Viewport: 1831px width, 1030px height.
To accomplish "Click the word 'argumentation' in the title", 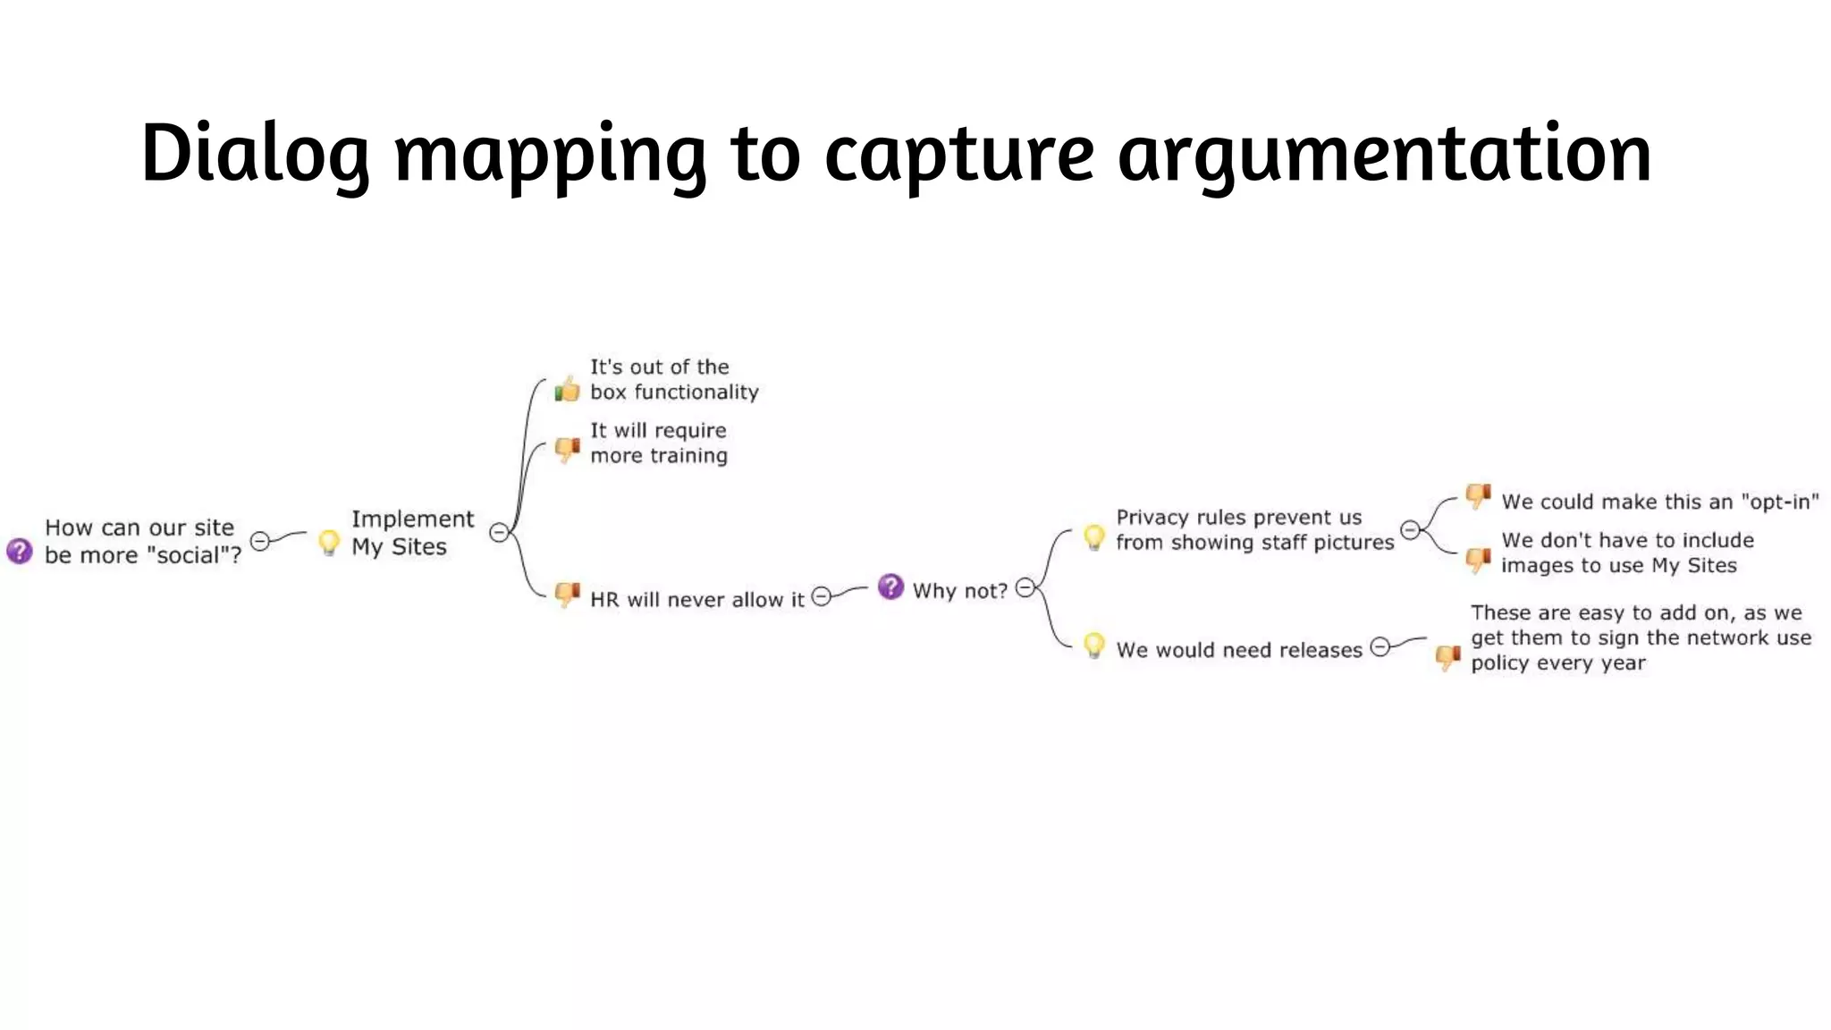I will (1384, 154).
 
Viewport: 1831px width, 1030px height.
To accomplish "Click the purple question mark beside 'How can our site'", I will (19, 551).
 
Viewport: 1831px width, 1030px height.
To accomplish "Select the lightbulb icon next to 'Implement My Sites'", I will (329, 542).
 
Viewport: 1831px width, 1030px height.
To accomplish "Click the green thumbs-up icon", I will (567, 389).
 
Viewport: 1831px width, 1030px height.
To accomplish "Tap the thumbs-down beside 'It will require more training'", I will (567, 448).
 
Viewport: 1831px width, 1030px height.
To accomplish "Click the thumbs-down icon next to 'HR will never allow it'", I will (567, 594).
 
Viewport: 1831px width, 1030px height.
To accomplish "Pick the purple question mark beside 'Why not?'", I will (890, 587).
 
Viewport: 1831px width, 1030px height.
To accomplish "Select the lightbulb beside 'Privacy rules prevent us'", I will (1093, 536).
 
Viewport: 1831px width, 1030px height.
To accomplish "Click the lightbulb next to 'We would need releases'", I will (1093, 645).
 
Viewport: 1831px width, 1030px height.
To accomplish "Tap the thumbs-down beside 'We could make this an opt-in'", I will (1478, 495).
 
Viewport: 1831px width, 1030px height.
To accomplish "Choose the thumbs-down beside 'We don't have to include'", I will (1478, 561).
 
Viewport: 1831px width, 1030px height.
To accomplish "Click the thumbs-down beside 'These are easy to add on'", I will (1447, 657).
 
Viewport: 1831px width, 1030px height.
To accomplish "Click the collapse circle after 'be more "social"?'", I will (260, 541).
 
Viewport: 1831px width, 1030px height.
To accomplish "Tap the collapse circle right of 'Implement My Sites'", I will (499, 533).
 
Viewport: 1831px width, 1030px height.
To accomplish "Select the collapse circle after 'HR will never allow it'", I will (821, 596).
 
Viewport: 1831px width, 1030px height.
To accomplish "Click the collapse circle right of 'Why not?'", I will (1025, 587).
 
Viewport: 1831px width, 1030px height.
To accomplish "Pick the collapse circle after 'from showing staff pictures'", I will (1410, 530).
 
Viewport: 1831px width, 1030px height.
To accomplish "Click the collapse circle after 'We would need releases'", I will (1380, 646).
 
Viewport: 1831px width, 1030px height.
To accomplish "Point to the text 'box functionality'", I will (674, 392).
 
